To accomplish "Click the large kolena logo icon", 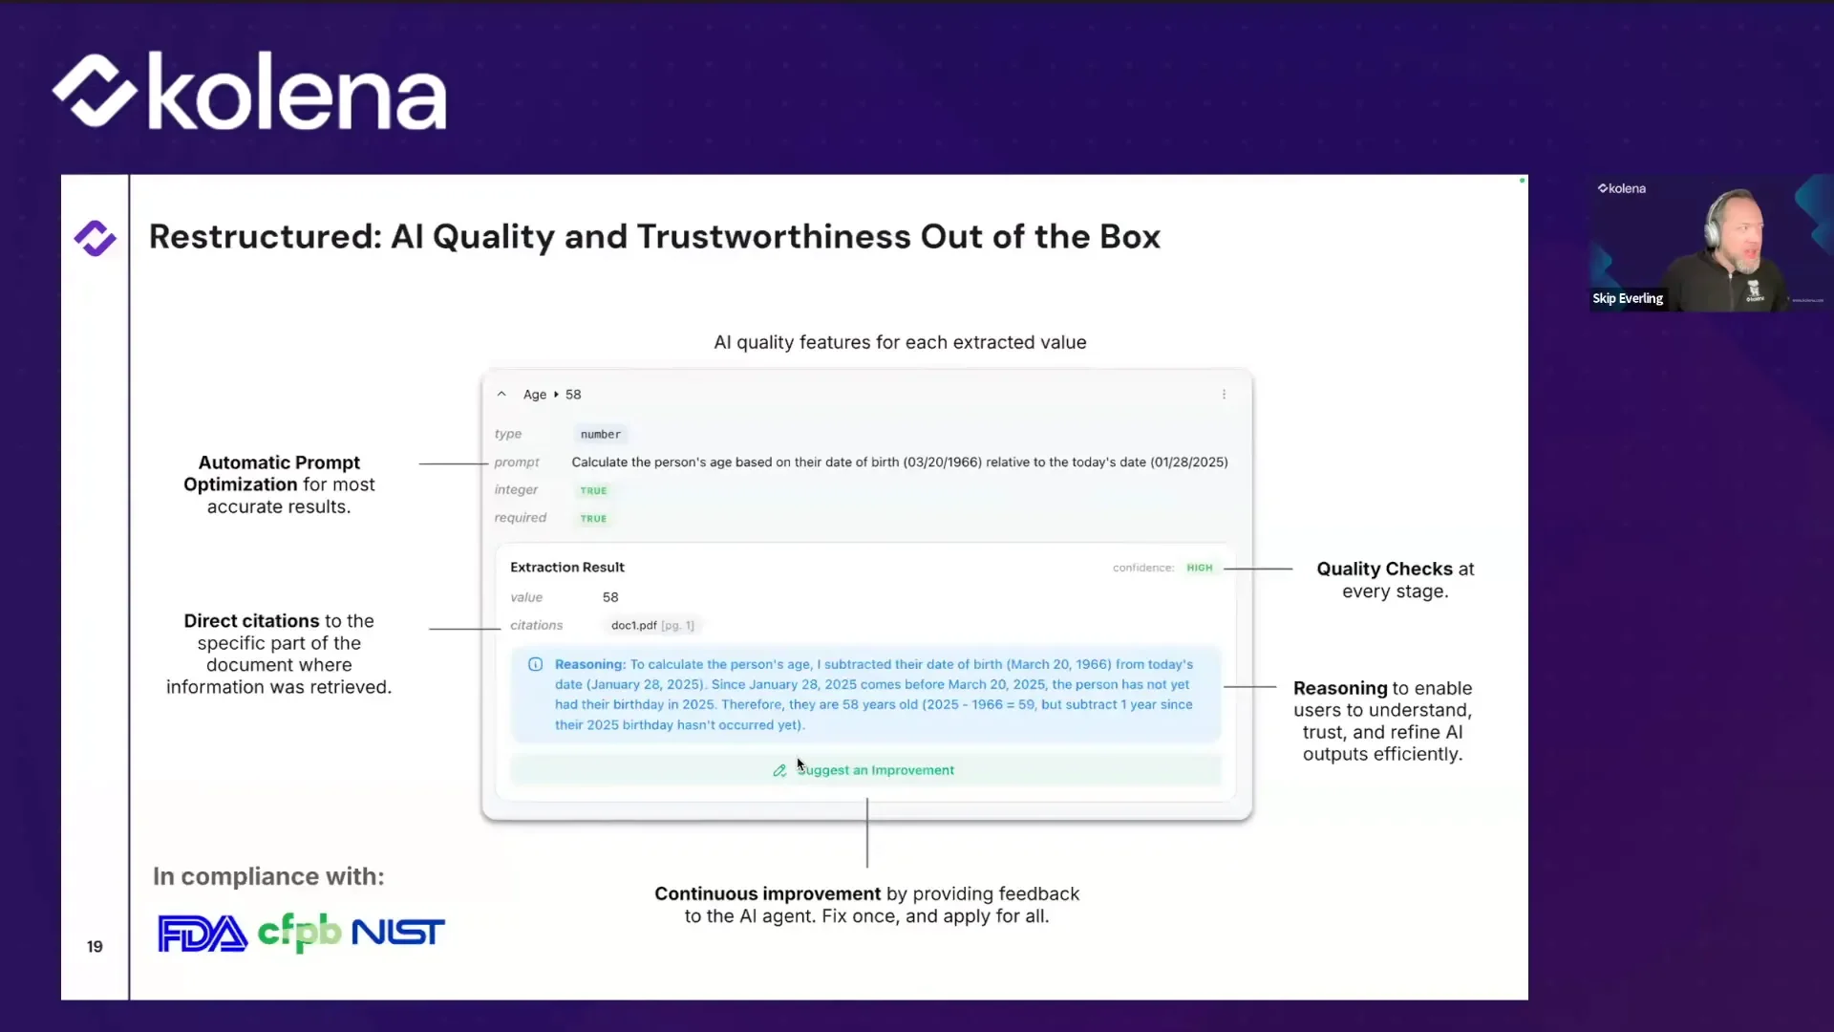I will click(95, 91).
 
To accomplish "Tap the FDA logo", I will click(203, 934).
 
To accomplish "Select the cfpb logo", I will click(299, 932).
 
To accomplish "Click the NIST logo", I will click(398, 933).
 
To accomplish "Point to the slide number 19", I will click(95, 946).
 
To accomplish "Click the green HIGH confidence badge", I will click(1199, 568).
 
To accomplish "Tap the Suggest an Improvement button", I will click(865, 770).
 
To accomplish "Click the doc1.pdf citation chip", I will click(652, 626).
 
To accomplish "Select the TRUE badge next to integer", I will click(593, 490).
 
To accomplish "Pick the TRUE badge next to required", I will click(593, 519).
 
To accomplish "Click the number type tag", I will click(600, 435).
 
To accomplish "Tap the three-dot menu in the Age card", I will click(1224, 395).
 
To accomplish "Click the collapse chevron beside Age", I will click(501, 395).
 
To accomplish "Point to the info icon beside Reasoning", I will click(536, 665).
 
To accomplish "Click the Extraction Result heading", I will click(567, 568).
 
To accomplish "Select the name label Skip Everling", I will click(1628, 299).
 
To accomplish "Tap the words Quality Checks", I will click(1384, 570).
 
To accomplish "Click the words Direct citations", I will click(251, 621).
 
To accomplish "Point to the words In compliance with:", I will click(268, 876).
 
